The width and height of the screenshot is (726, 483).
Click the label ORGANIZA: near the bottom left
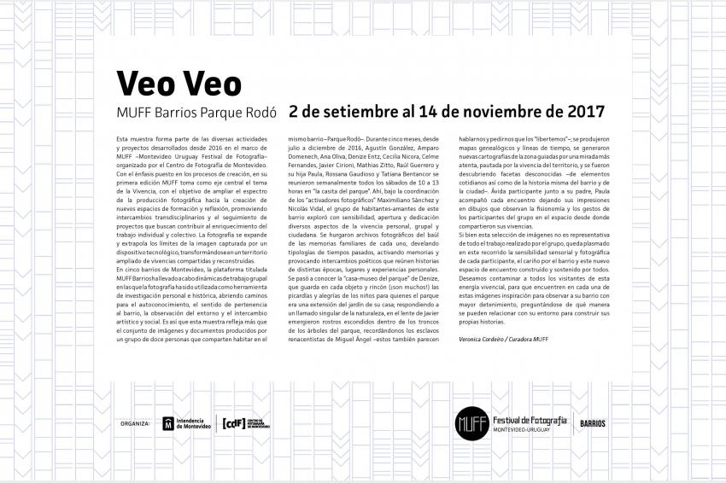coord(136,422)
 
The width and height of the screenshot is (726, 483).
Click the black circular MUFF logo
coord(471,422)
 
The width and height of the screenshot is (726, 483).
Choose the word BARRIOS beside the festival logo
coord(593,422)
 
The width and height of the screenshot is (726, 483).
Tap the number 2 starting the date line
coord(294,112)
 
